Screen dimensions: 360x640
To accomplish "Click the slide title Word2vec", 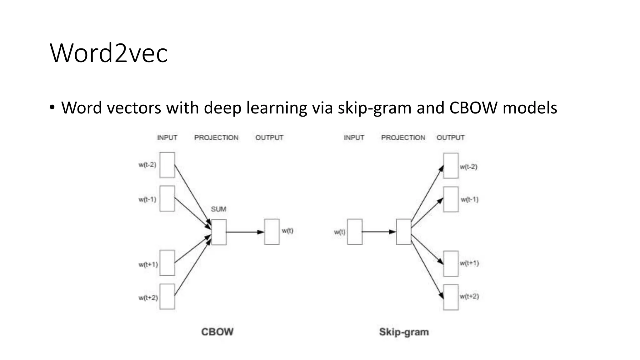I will click(109, 53).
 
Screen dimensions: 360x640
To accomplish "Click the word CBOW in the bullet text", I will click(473, 108).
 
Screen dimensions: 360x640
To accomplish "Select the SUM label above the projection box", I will click(218, 209).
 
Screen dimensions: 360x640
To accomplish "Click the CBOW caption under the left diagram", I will click(217, 332).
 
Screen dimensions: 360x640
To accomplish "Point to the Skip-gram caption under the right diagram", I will click(404, 332).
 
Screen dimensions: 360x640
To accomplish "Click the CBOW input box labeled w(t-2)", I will click(167, 165).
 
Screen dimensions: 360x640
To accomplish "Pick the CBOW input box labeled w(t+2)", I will click(167, 297).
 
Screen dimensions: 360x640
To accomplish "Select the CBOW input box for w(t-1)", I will click(167, 198).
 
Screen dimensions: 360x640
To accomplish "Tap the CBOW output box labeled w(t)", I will click(272, 232).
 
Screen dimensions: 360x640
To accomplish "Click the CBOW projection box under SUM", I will click(219, 232).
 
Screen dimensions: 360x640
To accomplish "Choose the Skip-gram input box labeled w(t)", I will click(355, 232).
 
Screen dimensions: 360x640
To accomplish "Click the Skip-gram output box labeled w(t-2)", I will click(451, 166).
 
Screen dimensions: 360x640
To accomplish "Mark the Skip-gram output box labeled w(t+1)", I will click(451, 263).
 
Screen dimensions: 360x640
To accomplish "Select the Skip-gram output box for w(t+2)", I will click(451, 297).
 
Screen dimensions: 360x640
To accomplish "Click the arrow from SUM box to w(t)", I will click(245, 232).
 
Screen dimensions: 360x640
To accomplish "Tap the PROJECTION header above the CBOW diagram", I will click(216, 137).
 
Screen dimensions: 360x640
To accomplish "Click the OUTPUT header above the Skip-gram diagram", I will click(450, 137).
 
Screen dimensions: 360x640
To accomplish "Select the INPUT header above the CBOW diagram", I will click(167, 137).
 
